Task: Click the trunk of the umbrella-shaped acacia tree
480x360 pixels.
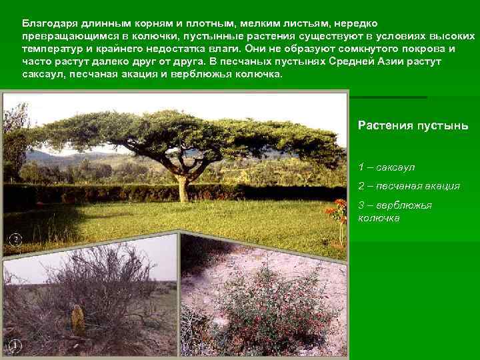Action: (x=183, y=183)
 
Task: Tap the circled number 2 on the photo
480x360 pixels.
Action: (x=15, y=240)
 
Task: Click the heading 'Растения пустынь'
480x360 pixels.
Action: (x=413, y=125)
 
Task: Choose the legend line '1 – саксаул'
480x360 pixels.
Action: (x=386, y=167)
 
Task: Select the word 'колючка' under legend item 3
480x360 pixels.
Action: (x=379, y=217)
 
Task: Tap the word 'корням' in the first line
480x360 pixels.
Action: (x=151, y=24)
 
